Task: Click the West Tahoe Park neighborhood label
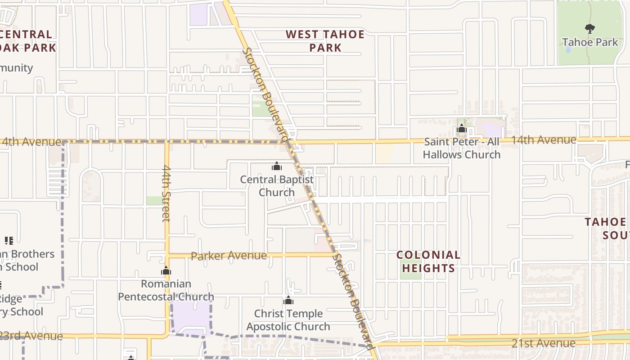(x=325, y=41)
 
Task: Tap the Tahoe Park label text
(x=590, y=42)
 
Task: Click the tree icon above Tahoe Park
(x=589, y=29)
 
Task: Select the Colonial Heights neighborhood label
(x=428, y=261)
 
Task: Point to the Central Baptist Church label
(x=277, y=185)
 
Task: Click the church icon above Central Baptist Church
(x=277, y=166)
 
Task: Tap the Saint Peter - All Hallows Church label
(x=462, y=148)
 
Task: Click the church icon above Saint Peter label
(x=461, y=129)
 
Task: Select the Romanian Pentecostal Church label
(x=166, y=290)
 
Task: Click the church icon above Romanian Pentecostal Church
(x=166, y=270)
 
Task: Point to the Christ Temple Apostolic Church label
(x=288, y=320)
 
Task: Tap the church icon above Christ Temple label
(x=288, y=300)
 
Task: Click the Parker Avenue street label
(x=229, y=256)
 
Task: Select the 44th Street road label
(x=166, y=193)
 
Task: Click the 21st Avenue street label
(x=543, y=343)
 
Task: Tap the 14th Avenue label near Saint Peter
(x=543, y=140)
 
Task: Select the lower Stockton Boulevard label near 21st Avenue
(x=353, y=301)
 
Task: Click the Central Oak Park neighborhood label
(x=27, y=40)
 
